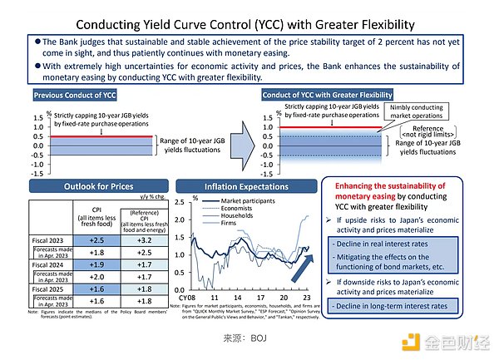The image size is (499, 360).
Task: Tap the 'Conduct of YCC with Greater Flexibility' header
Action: click(326, 95)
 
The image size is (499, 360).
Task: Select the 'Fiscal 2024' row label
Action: click(52, 266)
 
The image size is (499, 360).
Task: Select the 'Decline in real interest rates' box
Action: click(392, 244)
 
